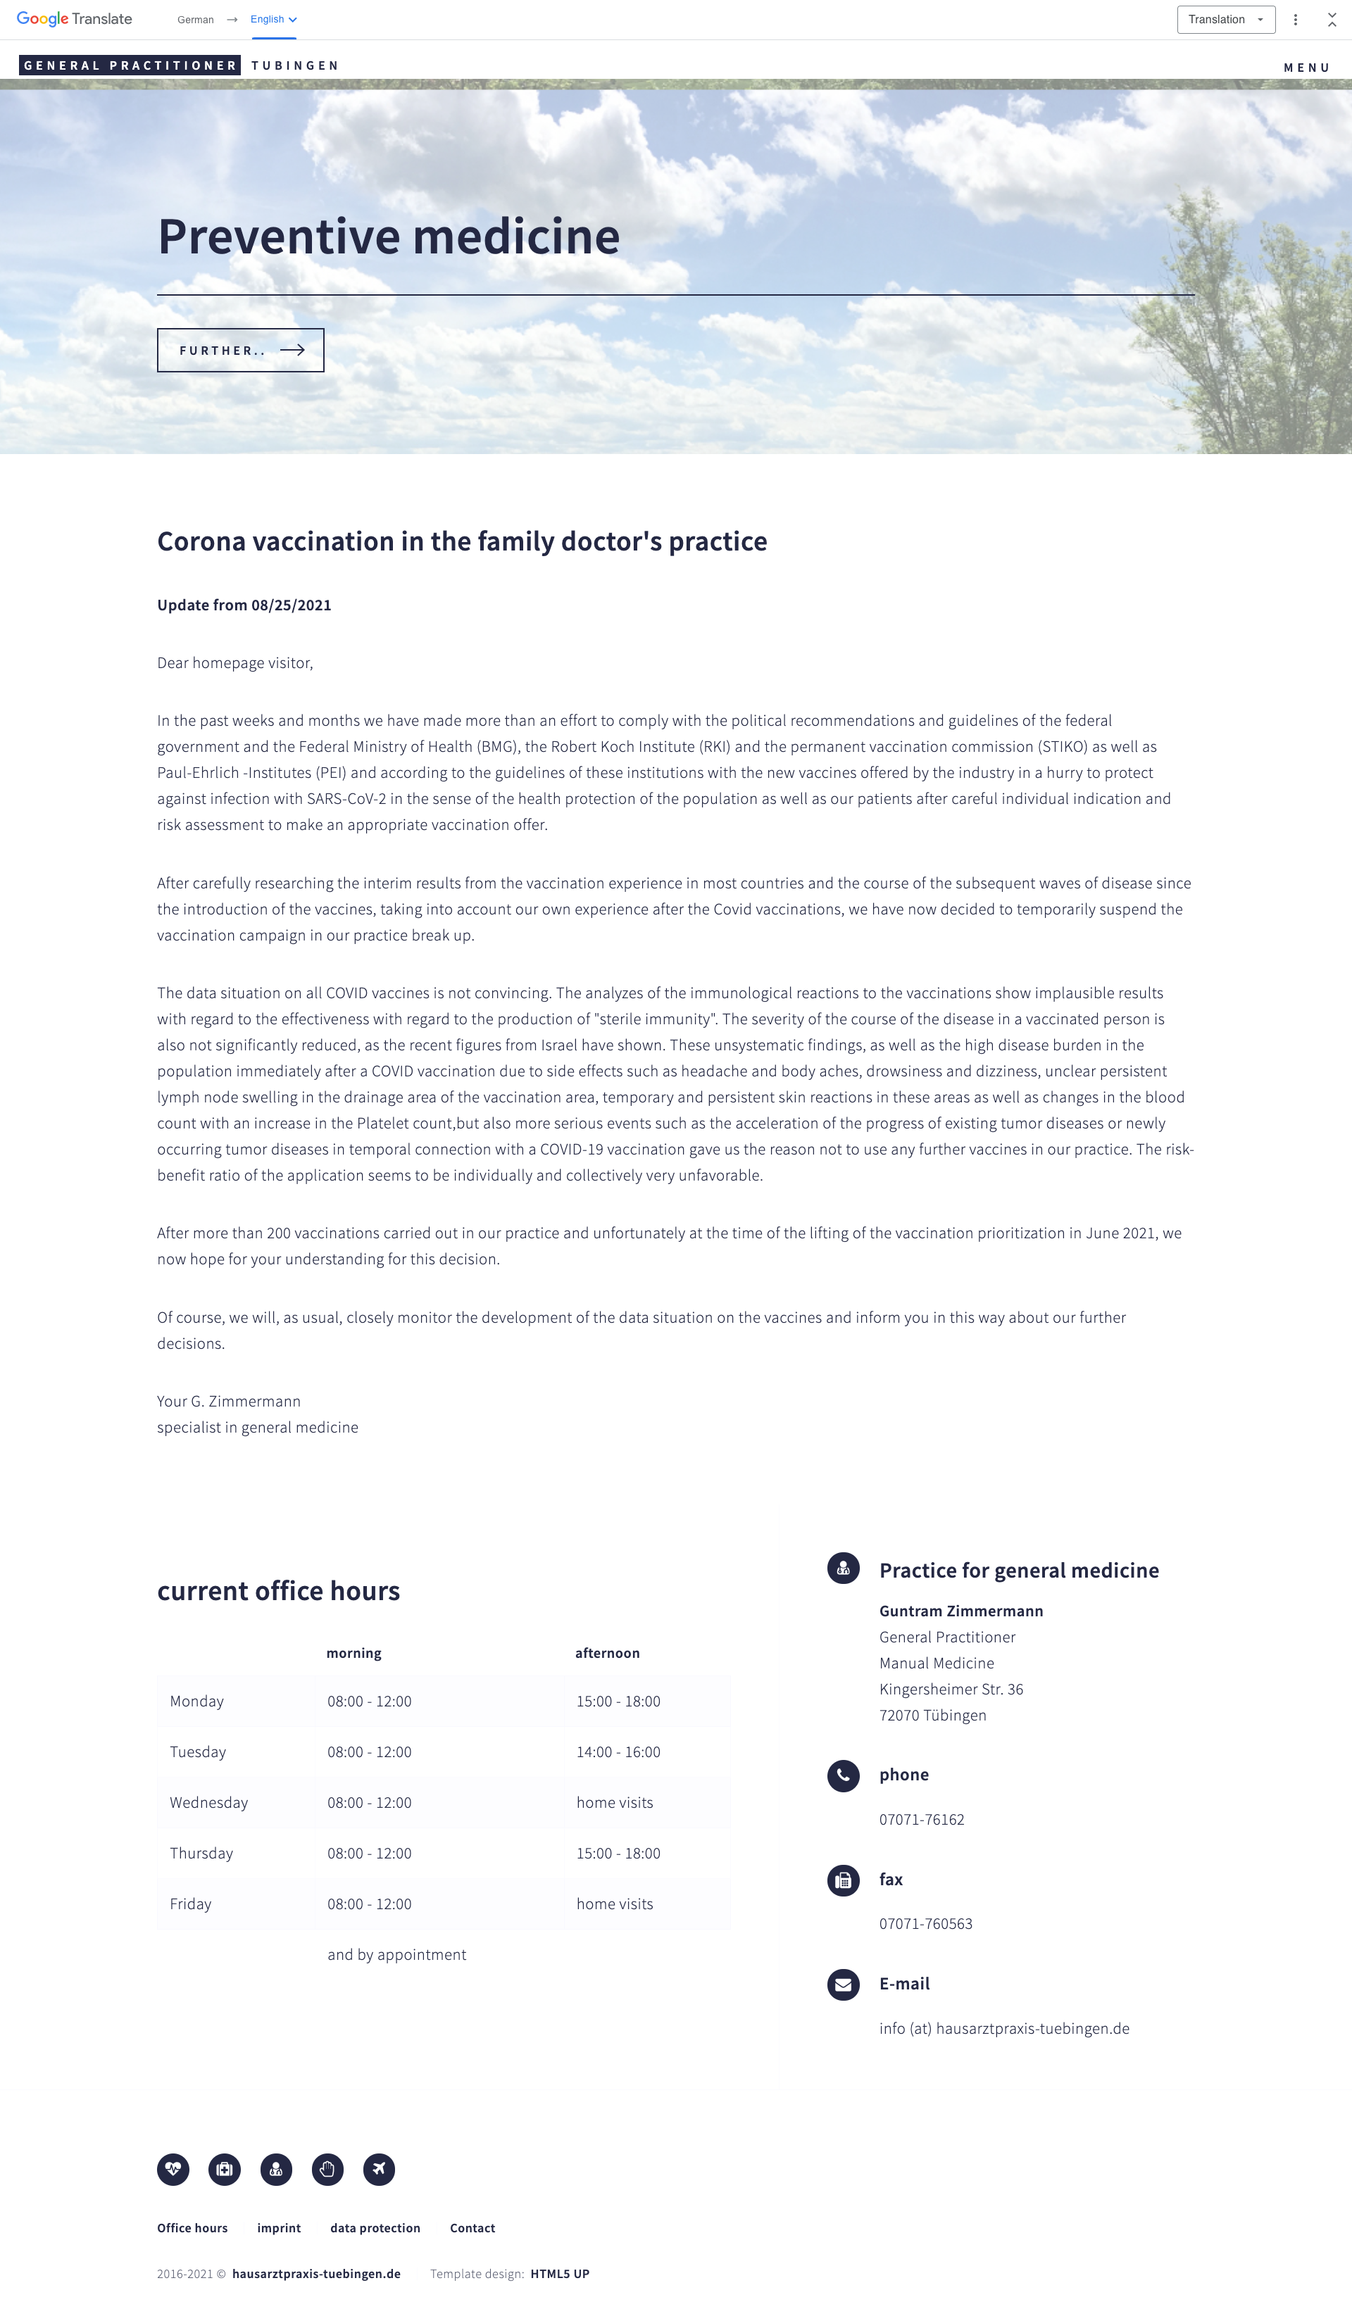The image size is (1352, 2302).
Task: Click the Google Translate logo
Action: click(74, 19)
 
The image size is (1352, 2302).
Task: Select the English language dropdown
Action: click(273, 19)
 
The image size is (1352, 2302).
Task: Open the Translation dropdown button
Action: click(1225, 19)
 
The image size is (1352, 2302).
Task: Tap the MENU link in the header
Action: click(1306, 68)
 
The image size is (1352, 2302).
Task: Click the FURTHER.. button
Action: click(240, 350)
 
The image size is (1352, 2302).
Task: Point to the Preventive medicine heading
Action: click(388, 237)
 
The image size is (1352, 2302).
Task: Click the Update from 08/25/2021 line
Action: click(244, 605)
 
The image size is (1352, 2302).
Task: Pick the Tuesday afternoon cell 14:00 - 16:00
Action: click(618, 1751)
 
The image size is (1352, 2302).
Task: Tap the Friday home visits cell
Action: click(615, 1903)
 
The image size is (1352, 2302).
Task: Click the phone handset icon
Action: click(843, 1775)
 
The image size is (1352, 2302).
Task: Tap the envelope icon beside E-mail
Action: click(843, 1984)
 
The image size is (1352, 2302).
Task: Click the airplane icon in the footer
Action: click(379, 2169)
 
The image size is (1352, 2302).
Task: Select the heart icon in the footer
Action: click(173, 2169)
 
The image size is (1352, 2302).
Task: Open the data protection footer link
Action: click(375, 2228)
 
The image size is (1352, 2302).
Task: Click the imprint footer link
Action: click(279, 2228)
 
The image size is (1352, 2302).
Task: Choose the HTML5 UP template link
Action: click(560, 2274)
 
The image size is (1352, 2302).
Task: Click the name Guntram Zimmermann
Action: click(961, 1611)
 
